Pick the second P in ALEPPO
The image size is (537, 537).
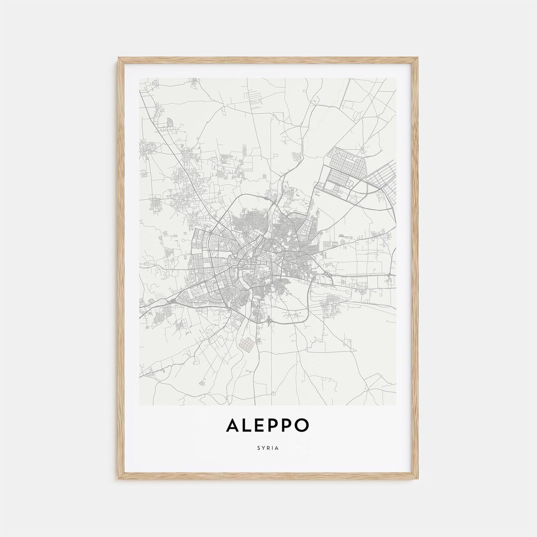286,426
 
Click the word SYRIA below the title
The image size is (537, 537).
268,448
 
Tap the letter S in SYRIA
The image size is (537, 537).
259,448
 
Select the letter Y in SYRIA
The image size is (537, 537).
264,448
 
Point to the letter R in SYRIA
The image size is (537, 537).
268,448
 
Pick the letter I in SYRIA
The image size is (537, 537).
273,448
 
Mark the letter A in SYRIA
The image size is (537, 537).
277,448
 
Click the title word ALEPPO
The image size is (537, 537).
268,426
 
